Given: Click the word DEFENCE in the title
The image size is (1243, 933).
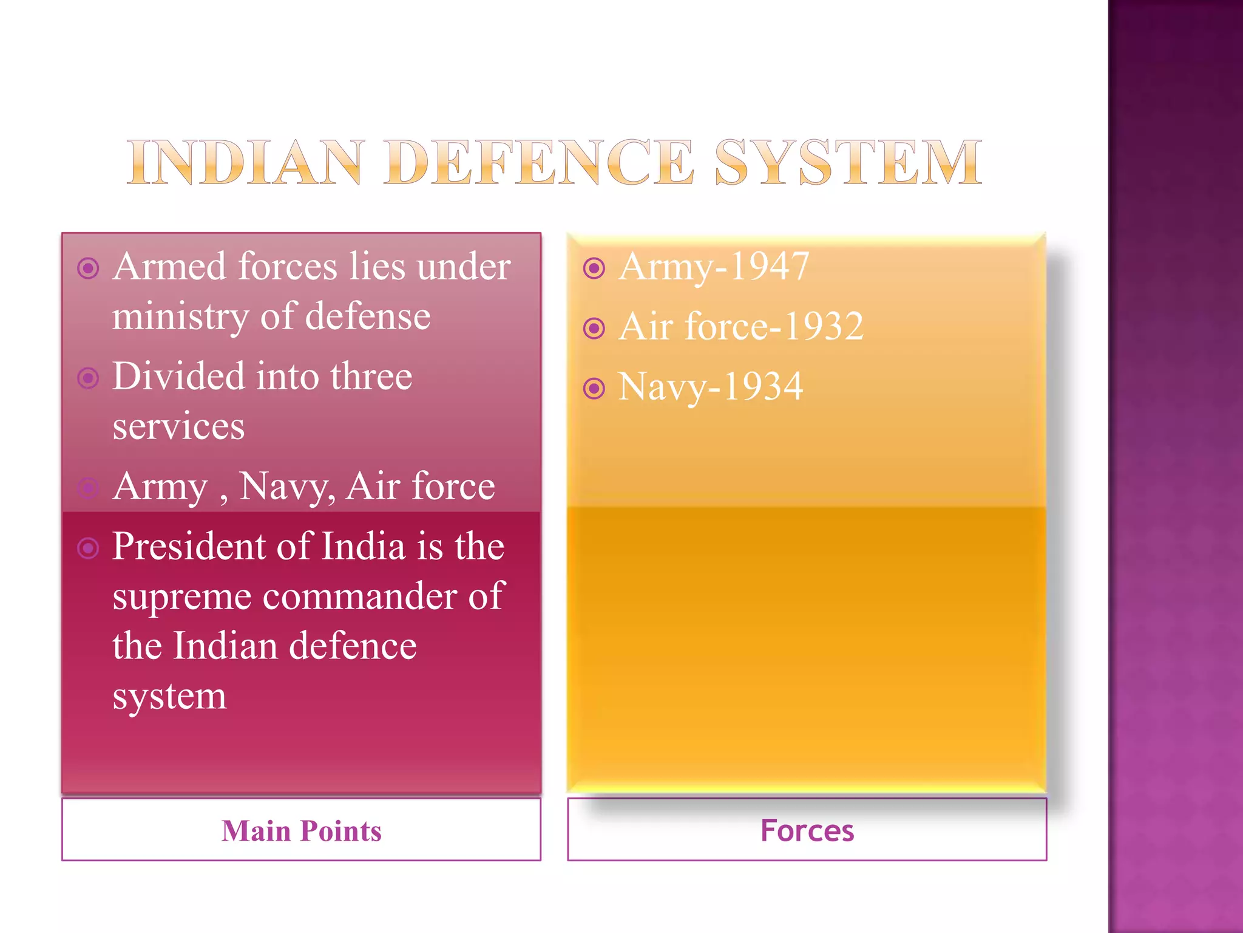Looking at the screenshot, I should (x=538, y=162).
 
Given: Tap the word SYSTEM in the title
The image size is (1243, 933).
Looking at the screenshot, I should (x=848, y=162).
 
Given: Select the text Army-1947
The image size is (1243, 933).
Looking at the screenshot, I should (x=714, y=267).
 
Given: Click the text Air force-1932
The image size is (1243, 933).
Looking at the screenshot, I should (x=741, y=326).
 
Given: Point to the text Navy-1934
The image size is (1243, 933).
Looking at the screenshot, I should (x=710, y=387).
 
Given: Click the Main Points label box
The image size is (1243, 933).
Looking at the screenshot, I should (x=301, y=830).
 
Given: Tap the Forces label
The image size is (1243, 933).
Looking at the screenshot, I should (x=807, y=830).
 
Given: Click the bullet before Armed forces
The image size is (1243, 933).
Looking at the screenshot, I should (x=89, y=268).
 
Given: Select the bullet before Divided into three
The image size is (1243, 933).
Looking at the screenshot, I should (x=89, y=378).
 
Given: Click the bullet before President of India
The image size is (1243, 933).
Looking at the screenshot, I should (x=89, y=548).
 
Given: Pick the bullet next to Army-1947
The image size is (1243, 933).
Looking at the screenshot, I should (x=594, y=268).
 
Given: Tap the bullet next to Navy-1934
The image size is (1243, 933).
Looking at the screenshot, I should (x=594, y=388).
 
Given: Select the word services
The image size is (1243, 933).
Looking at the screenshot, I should (x=178, y=426).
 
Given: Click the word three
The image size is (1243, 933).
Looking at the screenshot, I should (x=371, y=376).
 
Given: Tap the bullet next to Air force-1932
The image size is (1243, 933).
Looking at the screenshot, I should (x=594, y=328).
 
